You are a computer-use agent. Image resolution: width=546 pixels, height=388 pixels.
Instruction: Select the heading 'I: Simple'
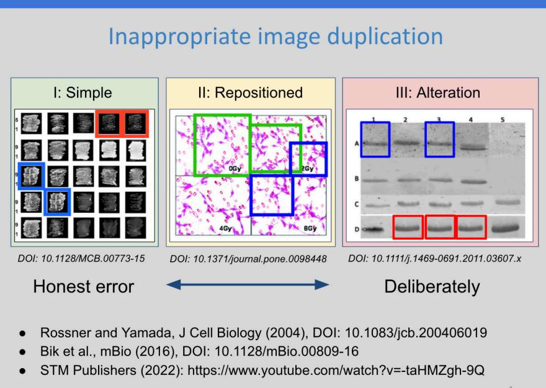(x=83, y=92)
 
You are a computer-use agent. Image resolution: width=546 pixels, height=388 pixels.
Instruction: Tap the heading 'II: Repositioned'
(x=251, y=92)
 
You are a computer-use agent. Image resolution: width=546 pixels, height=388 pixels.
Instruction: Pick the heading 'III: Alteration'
(x=438, y=92)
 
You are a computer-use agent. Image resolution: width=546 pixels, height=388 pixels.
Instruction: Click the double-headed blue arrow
(x=248, y=284)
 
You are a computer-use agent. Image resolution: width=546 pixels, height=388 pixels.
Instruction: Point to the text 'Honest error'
(x=84, y=287)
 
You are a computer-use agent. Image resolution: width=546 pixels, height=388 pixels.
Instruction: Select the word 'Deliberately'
(x=432, y=287)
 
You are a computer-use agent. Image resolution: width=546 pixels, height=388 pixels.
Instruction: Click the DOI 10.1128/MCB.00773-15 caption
(x=81, y=258)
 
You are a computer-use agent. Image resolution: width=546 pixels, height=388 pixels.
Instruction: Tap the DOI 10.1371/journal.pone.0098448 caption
(x=248, y=259)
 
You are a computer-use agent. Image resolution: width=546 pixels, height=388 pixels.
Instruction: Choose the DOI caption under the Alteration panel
(x=434, y=258)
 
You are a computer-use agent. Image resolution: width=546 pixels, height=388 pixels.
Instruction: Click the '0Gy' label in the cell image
(x=235, y=169)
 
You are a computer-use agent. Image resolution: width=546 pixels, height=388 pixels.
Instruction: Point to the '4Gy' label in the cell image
(x=225, y=228)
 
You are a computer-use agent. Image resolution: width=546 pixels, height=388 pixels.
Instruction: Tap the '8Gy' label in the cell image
(x=310, y=228)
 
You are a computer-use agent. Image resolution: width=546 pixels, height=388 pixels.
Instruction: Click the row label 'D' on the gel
(x=357, y=230)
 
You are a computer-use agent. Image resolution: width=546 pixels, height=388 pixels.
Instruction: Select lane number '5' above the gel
(x=503, y=119)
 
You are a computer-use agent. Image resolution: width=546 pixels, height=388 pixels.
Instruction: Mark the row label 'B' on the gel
(x=357, y=179)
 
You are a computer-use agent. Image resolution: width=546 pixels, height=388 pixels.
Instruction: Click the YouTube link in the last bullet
(x=336, y=370)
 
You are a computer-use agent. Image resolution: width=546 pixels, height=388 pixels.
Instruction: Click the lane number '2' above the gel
(x=405, y=119)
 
